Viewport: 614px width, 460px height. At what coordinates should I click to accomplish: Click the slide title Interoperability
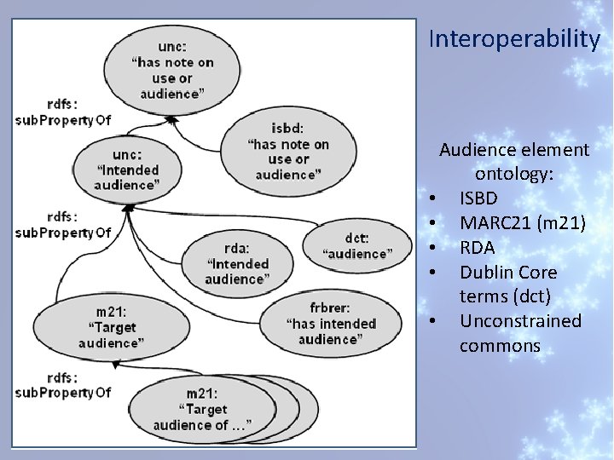coord(514,39)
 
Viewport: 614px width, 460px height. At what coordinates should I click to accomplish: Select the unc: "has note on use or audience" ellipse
coord(172,70)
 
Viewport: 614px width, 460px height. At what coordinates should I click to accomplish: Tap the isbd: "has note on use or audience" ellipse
coord(285,152)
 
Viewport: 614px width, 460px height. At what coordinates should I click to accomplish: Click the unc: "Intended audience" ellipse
coord(127,169)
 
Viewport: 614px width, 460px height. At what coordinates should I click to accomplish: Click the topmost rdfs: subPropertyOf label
coord(62,112)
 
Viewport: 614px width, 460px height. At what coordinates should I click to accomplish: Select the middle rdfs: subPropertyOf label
coord(62,224)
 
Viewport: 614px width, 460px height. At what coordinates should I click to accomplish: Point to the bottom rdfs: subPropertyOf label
coord(62,384)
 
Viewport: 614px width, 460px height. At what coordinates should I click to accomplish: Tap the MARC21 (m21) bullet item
coord(522,223)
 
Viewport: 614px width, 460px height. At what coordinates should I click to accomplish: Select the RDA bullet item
coord(477,248)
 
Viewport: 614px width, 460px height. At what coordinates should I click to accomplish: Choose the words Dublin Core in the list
coord(507,273)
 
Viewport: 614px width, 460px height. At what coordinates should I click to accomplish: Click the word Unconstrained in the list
coord(520,321)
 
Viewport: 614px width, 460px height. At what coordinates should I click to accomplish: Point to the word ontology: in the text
coord(514,175)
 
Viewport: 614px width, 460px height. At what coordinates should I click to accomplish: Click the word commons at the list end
coord(500,346)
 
